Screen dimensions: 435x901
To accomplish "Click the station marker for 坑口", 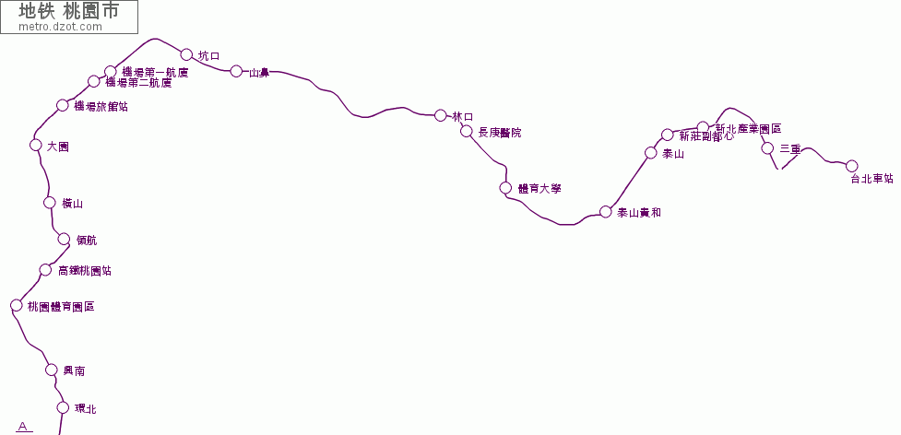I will [186, 54].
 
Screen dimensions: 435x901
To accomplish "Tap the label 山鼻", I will [259, 72].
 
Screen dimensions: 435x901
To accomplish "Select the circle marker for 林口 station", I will [440, 115].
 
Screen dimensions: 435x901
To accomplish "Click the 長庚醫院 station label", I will [499, 133].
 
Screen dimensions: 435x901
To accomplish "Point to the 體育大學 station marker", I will [505, 188].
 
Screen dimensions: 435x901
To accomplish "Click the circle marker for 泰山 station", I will [651, 153].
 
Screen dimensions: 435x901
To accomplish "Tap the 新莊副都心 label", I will [706, 136].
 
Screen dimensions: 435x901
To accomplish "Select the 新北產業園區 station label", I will [748, 129].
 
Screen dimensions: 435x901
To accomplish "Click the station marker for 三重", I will [767, 147].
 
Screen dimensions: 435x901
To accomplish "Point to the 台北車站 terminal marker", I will [852, 166].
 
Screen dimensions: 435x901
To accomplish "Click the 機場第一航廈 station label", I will [155, 72].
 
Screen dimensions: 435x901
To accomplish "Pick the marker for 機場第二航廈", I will [94, 82].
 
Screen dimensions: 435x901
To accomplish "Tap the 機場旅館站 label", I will [101, 106].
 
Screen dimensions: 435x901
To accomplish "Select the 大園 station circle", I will [36, 145].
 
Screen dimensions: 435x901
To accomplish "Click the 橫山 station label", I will [72, 204].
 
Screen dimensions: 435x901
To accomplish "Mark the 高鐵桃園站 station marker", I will [45, 270].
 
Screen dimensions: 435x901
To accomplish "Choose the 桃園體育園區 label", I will [61, 306].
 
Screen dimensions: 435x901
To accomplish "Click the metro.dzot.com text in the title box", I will [60, 27].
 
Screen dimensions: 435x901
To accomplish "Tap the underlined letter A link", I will [23, 426].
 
